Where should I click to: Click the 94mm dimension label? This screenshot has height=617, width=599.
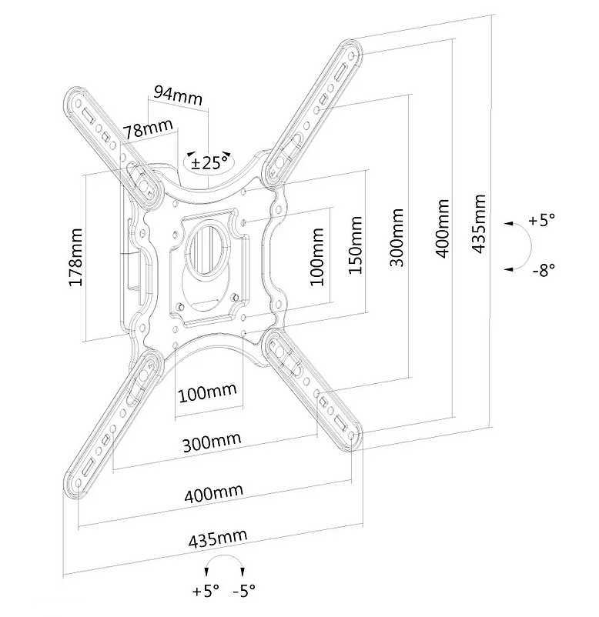(178, 95)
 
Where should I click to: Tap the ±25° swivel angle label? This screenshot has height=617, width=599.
(209, 162)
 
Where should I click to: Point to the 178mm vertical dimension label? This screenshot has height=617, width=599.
(75, 257)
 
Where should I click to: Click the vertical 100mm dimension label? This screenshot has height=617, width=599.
(316, 256)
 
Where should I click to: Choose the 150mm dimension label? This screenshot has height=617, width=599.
(355, 245)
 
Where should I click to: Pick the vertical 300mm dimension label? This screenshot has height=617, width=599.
(397, 238)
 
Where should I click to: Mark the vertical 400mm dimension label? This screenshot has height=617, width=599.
(442, 228)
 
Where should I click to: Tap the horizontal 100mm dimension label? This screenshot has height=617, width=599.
(208, 392)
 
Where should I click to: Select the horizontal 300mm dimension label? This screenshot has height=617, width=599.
(212, 442)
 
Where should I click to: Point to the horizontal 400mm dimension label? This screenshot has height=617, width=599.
(213, 493)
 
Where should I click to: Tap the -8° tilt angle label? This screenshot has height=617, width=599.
(544, 270)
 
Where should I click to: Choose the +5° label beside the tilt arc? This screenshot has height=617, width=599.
(541, 219)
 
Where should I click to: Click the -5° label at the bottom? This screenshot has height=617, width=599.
(244, 590)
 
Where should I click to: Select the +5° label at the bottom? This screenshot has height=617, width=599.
(205, 590)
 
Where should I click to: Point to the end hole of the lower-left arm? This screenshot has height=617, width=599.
(78, 483)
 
